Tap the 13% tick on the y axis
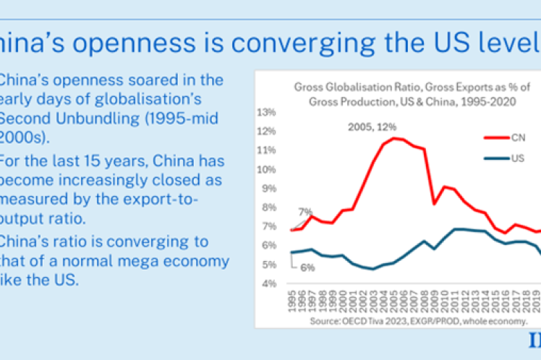click(266, 112)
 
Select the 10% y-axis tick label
click(266, 169)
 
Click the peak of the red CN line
click(393, 137)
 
